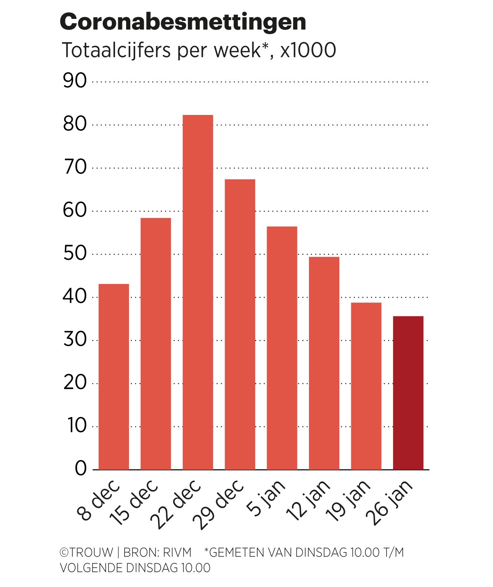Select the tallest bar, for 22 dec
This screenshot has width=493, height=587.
(198, 292)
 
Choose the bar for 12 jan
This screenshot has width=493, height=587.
(324, 363)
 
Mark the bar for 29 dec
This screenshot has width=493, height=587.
(240, 324)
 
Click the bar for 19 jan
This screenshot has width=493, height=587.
(366, 386)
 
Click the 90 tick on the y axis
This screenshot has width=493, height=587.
(75, 81)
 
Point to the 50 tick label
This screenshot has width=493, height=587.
(75, 254)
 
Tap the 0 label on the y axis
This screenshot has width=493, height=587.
(81, 468)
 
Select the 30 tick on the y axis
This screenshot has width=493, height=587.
(75, 339)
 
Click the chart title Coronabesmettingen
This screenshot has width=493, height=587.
(183, 22)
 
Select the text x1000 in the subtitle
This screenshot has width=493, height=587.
(308, 50)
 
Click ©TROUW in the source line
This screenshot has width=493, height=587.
(86, 553)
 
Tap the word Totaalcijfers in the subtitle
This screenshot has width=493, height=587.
(116, 50)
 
